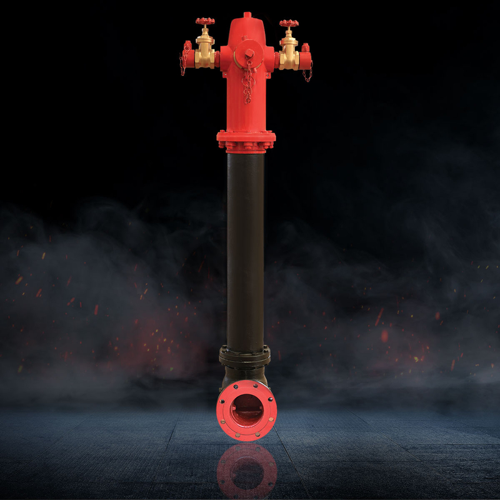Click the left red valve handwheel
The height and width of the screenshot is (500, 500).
pos(204,22)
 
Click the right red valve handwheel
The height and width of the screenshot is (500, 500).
pos(289,24)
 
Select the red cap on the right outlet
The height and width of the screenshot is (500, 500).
pos(306,55)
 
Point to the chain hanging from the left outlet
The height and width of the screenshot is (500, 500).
pos(184,66)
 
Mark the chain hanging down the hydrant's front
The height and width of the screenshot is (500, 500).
pos(247,84)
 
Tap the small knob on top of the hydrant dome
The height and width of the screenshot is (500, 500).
pos(247,14)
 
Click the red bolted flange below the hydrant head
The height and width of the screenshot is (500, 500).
pos(246,141)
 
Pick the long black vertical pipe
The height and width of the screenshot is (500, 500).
pos(246,250)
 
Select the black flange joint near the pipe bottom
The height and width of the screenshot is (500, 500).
pos(245,357)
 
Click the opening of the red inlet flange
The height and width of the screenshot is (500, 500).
pos(246,410)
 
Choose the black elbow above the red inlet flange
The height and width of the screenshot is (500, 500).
pos(244,375)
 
